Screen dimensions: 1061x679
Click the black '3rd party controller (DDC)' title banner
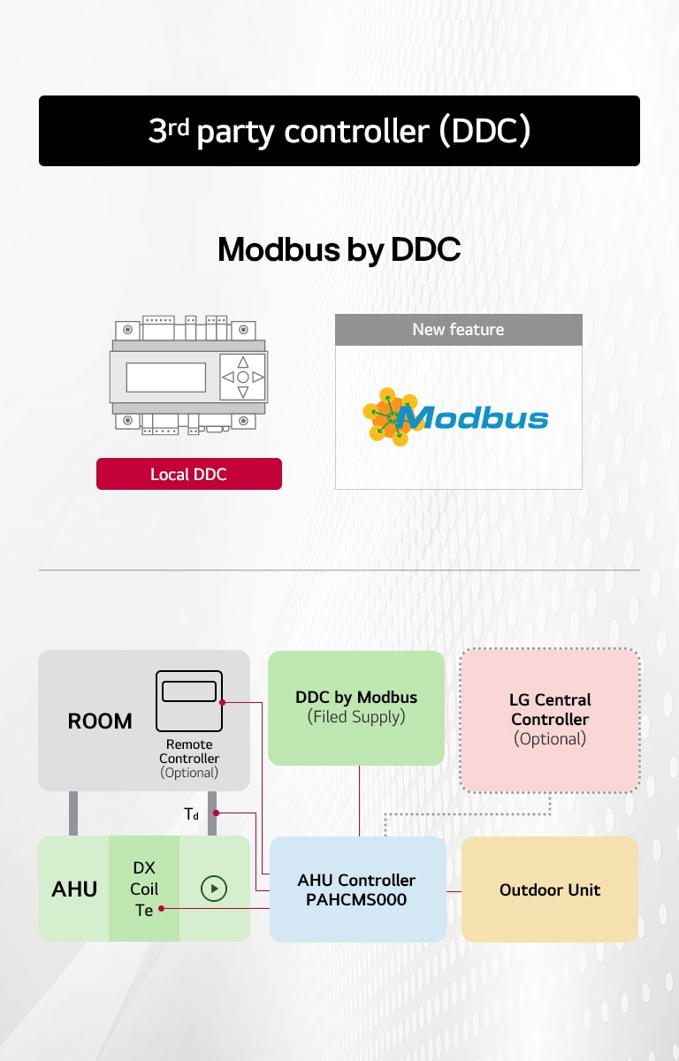click(339, 131)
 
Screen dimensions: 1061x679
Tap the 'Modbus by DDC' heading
click(339, 249)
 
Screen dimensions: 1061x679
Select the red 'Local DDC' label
click(188, 474)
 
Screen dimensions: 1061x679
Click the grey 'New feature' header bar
click(458, 330)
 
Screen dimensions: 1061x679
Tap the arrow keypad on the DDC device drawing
click(243, 378)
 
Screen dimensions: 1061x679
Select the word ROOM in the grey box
click(100, 721)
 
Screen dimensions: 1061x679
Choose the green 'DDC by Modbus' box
click(356, 707)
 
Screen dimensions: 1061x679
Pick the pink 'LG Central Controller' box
click(550, 720)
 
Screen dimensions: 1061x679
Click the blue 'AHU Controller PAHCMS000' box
click(357, 889)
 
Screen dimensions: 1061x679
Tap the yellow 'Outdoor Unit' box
click(550, 889)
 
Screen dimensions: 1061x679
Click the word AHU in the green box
click(74, 889)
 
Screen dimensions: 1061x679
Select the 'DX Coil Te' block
click(144, 889)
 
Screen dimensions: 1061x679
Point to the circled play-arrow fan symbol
click(214, 889)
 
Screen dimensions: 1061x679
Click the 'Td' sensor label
click(192, 814)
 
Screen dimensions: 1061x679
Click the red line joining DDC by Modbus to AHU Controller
click(360, 800)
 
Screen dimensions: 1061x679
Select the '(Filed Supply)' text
click(356, 717)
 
